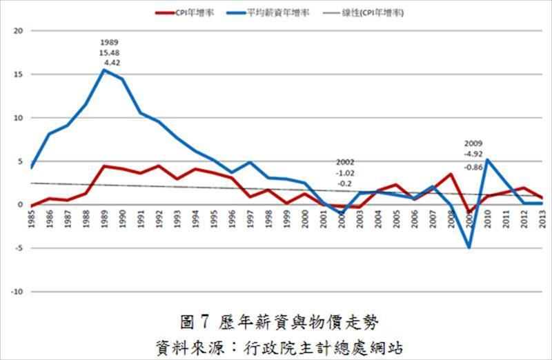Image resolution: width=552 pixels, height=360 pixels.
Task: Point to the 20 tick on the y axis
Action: pyautogui.click(x=19, y=31)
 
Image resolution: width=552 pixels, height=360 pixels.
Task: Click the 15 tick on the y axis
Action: pyautogui.click(x=19, y=74)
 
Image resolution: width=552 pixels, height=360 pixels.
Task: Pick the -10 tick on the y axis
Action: pyautogui.click(x=17, y=292)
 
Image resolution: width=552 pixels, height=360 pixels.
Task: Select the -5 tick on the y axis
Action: pyautogui.click(x=19, y=248)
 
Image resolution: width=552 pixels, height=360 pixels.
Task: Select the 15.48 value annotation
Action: pyautogui.click(x=109, y=52)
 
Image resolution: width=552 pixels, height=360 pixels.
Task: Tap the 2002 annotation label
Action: pyautogui.click(x=346, y=162)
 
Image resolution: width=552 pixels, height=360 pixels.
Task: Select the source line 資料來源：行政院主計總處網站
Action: pyautogui.click(x=275, y=344)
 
